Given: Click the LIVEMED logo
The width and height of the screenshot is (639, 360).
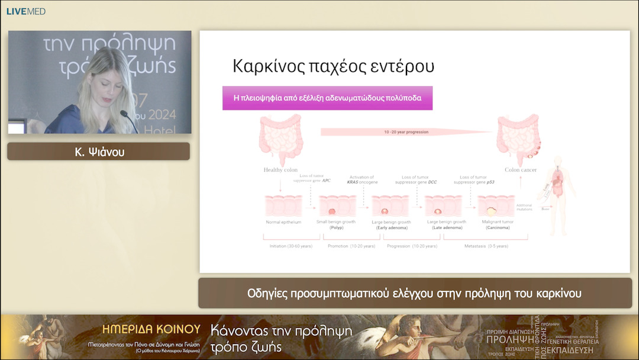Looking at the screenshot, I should tap(26, 11).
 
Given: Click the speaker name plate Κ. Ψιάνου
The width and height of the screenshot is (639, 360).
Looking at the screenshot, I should tap(98, 152).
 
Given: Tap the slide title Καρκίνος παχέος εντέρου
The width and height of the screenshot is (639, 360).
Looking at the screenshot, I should tap(334, 66).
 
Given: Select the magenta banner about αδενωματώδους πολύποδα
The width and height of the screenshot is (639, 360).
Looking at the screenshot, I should tap(327, 98).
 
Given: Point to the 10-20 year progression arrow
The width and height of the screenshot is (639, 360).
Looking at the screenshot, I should tap(406, 132).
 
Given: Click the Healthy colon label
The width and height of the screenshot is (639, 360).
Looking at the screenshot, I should tap(280, 170).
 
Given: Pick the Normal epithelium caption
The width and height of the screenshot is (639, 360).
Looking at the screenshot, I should tap(283, 222).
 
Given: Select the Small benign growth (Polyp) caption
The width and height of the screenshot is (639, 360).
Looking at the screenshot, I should tap(337, 224).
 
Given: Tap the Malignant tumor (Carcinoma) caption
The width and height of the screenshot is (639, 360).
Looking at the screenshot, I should tap(496, 224).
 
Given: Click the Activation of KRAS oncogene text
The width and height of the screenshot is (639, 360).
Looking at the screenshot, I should tap(362, 180).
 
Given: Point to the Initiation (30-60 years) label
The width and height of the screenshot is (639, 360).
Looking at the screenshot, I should tap(291, 246).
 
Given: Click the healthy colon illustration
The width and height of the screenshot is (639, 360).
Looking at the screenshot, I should tap(281, 140).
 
